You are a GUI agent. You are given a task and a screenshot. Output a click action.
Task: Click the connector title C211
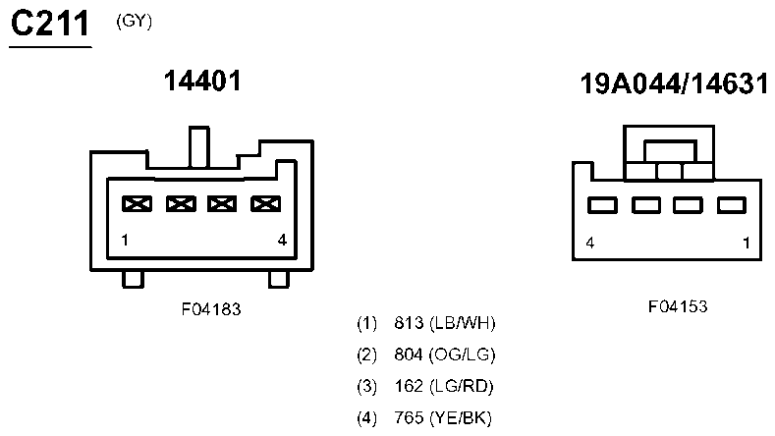pyautogui.click(x=50, y=24)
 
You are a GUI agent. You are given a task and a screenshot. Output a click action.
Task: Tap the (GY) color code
pyautogui.click(x=134, y=22)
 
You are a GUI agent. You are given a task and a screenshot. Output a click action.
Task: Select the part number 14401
pyautogui.click(x=202, y=81)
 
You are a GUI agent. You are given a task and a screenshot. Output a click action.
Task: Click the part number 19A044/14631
pyautogui.click(x=674, y=83)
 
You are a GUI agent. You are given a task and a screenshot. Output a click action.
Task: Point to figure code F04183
pyautogui.click(x=211, y=309)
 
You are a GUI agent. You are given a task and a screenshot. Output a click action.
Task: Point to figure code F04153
pyautogui.click(x=678, y=306)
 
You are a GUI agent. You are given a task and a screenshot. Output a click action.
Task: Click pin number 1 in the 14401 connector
pyautogui.click(x=125, y=241)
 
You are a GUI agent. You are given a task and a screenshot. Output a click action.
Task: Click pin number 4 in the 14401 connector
pyautogui.click(x=282, y=241)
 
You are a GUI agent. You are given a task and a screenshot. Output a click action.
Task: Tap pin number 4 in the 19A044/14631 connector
pyautogui.click(x=589, y=244)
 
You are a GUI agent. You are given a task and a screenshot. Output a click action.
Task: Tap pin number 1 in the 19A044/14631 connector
pyautogui.click(x=747, y=244)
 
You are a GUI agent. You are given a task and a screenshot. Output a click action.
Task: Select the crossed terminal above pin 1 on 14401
pyautogui.click(x=137, y=203)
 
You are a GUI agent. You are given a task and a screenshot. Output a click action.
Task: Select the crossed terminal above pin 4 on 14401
pyautogui.click(x=266, y=203)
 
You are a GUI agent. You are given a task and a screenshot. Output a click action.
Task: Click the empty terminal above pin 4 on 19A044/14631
pyautogui.click(x=602, y=205)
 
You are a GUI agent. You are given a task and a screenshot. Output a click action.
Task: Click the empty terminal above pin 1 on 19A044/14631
pyautogui.click(x=732, y=205)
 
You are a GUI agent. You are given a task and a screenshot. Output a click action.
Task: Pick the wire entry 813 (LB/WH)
pyautogui.click(x=426, y=323)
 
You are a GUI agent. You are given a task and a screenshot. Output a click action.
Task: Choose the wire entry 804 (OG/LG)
pyautogui.click(x=426, y=354)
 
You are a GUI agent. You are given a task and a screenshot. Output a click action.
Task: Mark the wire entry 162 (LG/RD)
pyautogui.click(x=425, y=387)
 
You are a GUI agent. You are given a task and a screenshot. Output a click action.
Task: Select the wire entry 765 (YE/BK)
pyautogui.click(x=424, y=418)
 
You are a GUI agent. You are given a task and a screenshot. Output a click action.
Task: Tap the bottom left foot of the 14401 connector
pyautogui.click(x=133, y=279)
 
